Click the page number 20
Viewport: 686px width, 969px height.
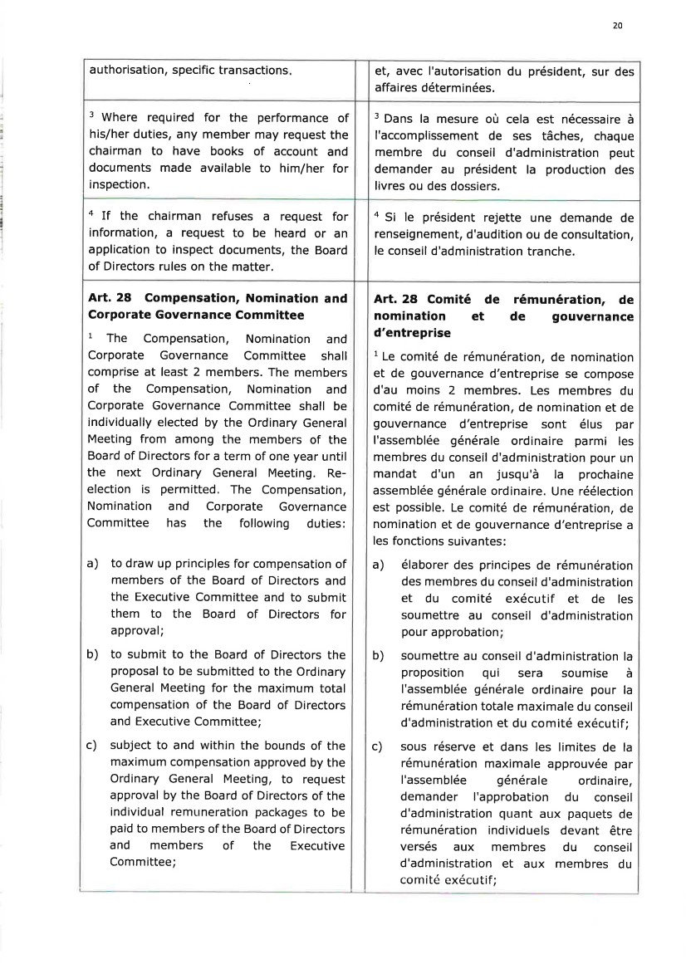click(x=617, y=27)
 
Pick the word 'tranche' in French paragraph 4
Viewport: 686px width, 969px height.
click(x=537, y=250)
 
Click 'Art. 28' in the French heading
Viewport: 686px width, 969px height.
click(x=394, y=299)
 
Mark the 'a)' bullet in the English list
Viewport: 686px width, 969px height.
click(x=93, y=565)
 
